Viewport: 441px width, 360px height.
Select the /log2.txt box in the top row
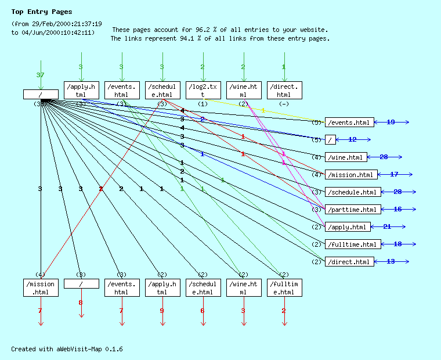(x=203, y=90)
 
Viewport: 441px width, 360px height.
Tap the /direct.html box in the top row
(x=284, y=90)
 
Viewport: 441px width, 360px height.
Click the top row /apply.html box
(x=81, y=90)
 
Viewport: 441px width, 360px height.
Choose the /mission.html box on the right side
(x=351, y=174)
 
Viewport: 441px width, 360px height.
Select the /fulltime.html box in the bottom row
(x=284, y=288)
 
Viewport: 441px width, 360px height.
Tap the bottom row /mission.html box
(x=41, y=288)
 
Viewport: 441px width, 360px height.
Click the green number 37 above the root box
(x=40, y=75)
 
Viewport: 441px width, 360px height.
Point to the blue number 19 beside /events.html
(x=391, y=122)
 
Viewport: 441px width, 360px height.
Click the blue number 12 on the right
(x=352, y=139)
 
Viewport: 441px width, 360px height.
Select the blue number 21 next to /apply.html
(x=387, y=226)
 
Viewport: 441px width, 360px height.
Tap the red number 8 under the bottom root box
(x=81, y=303)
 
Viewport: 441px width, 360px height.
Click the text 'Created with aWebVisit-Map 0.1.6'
(x=67, y=349)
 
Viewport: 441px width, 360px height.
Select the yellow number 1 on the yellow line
(x=263, y=110)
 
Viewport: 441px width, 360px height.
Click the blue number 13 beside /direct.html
(x=391, y=261)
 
